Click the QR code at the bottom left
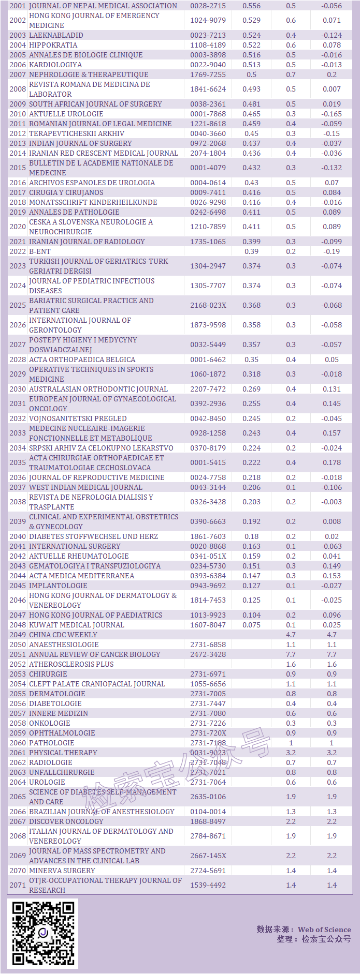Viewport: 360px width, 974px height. pos(43,933)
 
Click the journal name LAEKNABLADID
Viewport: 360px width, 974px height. pos(56,35)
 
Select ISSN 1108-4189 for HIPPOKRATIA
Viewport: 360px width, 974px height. pos(208,45)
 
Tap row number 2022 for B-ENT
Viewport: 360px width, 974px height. pos(18,251)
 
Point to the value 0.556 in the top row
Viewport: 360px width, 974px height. pos(252,6)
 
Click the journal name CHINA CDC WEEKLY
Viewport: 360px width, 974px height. pos(63,635)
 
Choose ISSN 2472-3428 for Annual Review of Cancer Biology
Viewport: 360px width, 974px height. pos(208,654)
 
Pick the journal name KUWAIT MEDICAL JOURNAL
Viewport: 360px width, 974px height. pos(77,625)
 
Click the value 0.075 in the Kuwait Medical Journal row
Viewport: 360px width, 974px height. pos(252,625)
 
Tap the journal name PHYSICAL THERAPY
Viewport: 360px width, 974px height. pos(63,753)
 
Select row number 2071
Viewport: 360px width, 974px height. pos(18,885)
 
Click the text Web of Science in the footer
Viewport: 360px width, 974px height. pos(325,930)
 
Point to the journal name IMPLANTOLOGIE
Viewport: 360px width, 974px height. pos(58,586)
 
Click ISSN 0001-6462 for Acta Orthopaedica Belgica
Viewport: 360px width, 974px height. pos(208,359)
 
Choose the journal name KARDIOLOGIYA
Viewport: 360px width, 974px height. pos(55,65)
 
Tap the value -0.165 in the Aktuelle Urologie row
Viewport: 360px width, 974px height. pos(332,114)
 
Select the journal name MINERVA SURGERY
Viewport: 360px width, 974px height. pos(62,871)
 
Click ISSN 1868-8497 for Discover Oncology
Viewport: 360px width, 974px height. pos(208,821)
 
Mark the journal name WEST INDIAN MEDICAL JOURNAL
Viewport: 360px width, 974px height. pos(85,487)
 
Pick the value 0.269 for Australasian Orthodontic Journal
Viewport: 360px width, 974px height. pos(252,389)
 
